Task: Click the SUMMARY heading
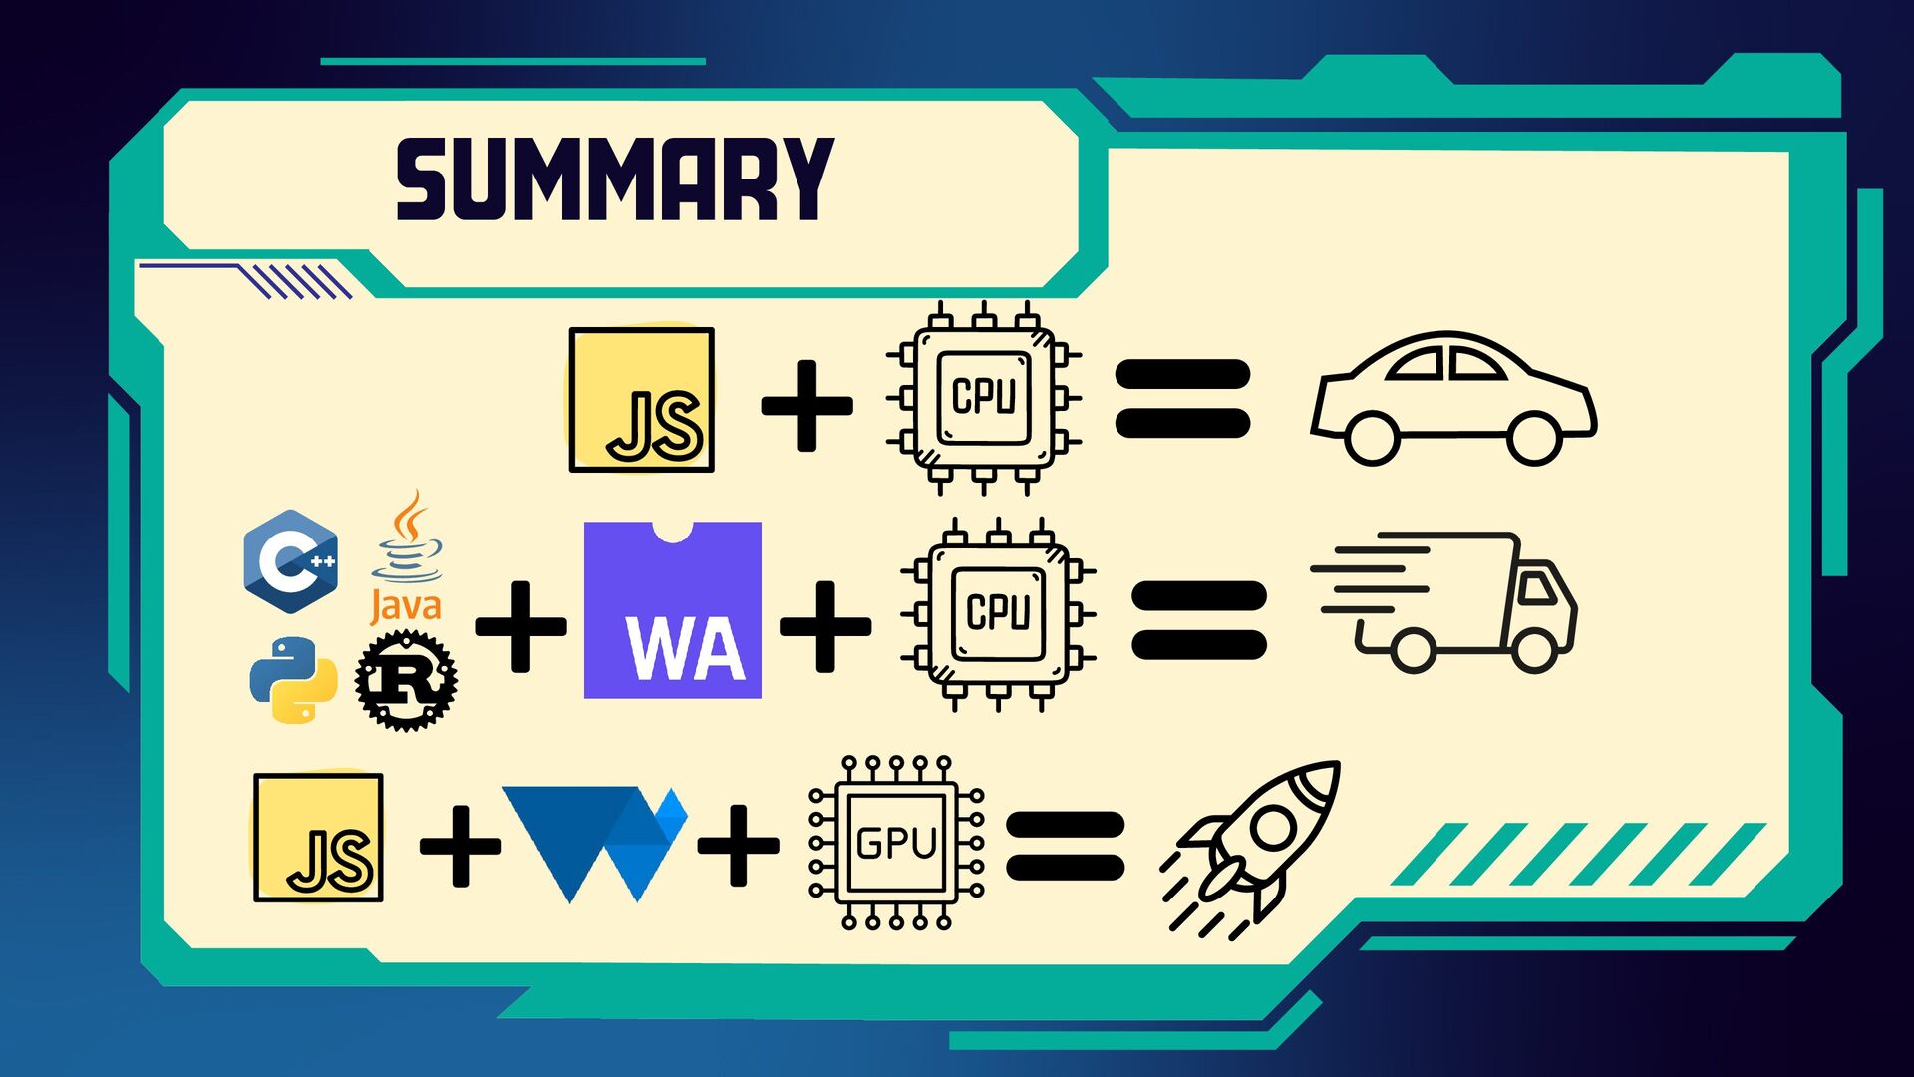(x=614, y=179)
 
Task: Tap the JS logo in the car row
(x=641, y=399)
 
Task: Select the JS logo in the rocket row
(x=318, y=838)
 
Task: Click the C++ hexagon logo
(x=291, y=560)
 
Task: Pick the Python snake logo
(x=292, y=680)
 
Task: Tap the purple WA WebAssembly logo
(x=673, y=610)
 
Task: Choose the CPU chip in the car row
(x=984, y=398)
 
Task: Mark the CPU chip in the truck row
(x=998, y=613)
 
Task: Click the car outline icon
(x=1453, y=399)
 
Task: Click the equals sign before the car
(x=1182, y=398)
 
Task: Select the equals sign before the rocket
(x=1066, y=845)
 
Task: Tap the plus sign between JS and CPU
(x=806, y=404)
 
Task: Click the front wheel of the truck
(x=1534, y=650)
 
